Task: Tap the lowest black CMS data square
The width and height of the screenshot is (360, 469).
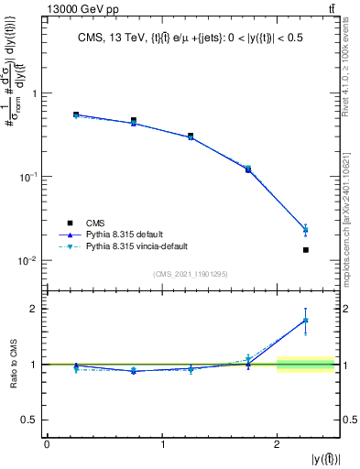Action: pyautogui.click(x=306, y=249)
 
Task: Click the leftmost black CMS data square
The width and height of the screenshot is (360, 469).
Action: pyautogui.click(x=76, y=115)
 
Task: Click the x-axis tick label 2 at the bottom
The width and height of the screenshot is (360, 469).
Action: pyautogui.click(x=277, y=445)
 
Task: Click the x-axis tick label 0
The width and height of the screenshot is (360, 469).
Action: pyautogui.click(x=47, y=445)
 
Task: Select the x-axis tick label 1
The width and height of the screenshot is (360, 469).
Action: pyautogui.click(x=162, y=445)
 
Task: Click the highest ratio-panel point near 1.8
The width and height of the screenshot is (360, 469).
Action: pyautogui.click(x=306, y=320)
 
